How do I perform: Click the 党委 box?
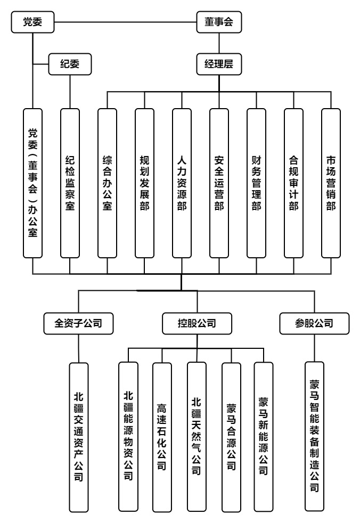pos(32,22)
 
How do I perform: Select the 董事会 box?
pos(219,22)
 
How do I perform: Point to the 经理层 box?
pos(219,64)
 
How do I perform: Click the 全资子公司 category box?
pos(78,323)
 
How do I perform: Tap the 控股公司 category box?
pos(197,323)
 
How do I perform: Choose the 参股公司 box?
pos(314,323)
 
